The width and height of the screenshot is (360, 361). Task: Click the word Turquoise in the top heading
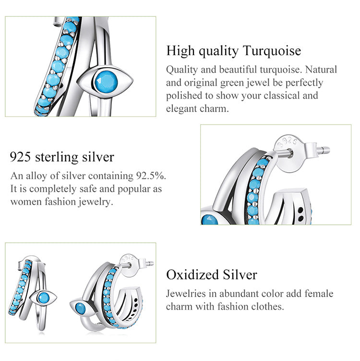pos(272,51)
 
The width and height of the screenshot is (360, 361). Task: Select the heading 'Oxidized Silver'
pos(212,275)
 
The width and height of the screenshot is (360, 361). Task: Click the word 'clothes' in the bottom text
pos(267,306)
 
